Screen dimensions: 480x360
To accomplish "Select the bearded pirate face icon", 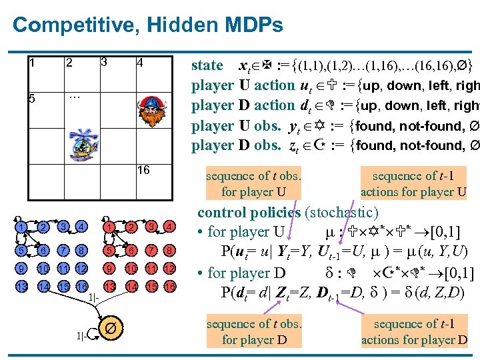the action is tap(148, 103).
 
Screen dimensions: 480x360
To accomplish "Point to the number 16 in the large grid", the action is tap(143, 170).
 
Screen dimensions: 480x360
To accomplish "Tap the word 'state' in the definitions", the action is tap(207, 65).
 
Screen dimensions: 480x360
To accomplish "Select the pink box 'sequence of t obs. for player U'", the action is tap(253, 184).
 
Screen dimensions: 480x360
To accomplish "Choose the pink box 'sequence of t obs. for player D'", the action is tap(253, 332).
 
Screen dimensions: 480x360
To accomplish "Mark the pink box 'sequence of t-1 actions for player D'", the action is tap(414, 332).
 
